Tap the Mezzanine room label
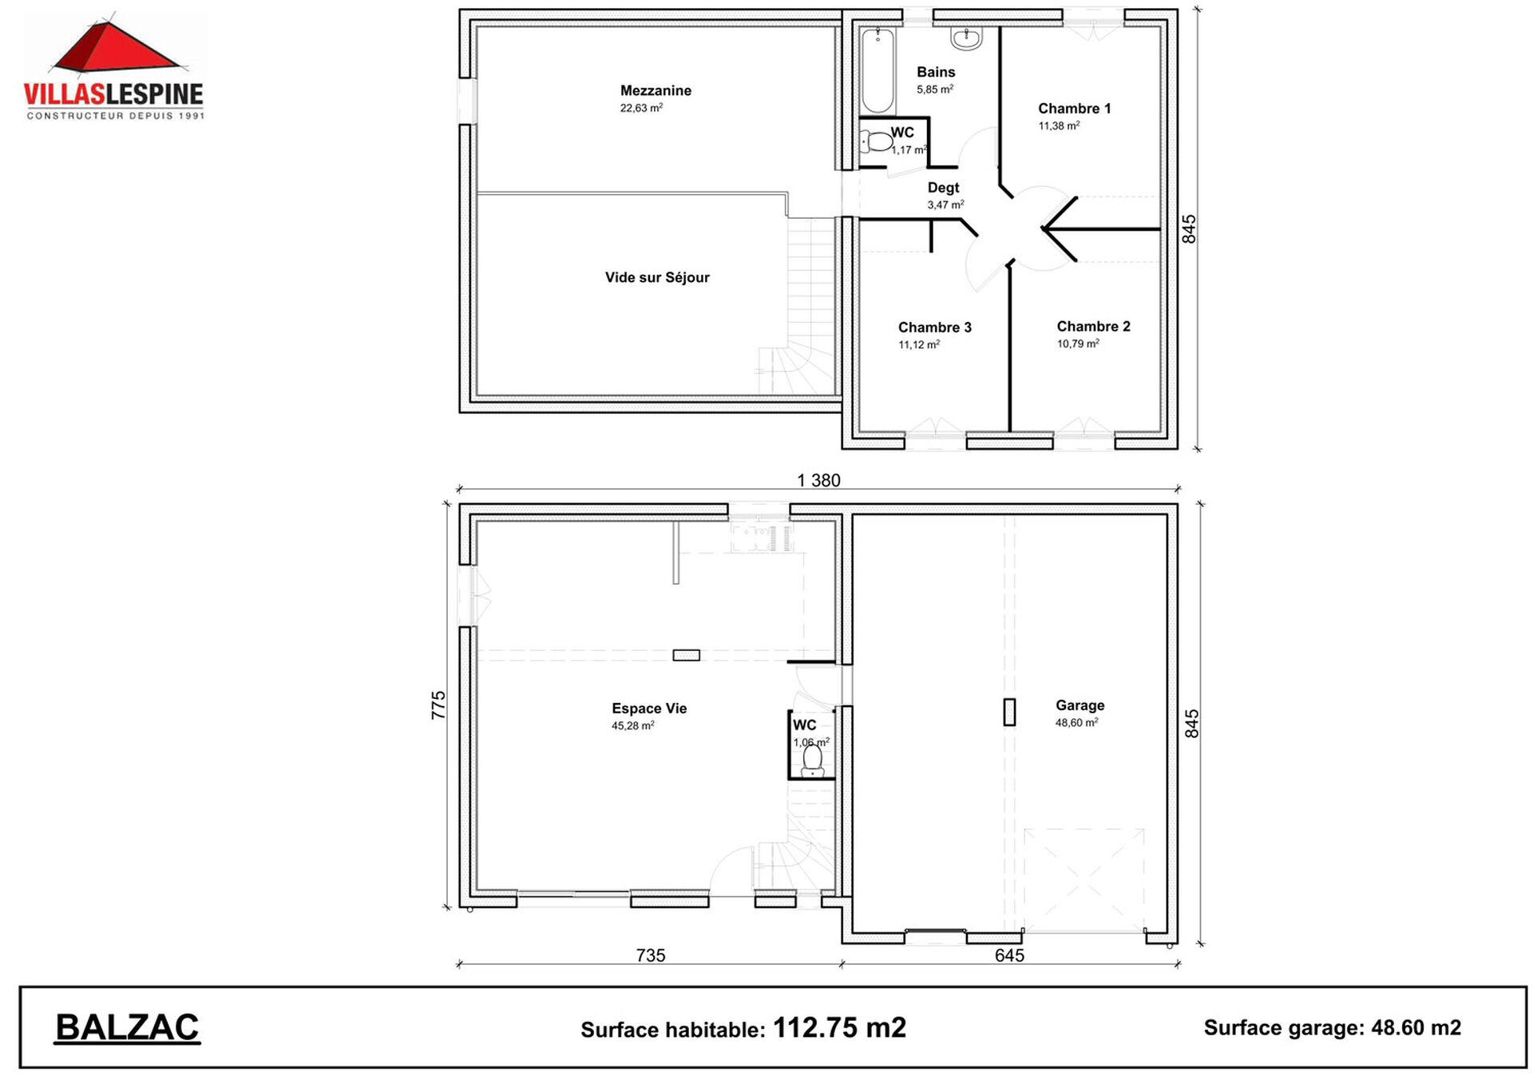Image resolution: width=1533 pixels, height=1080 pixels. [656, 90]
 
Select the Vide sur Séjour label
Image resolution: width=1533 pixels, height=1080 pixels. [657, 277]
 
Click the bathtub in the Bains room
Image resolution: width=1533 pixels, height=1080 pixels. [877, 70]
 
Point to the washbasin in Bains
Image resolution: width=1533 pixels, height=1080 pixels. [966, 38]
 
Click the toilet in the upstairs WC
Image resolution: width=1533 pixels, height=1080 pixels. [876, 142]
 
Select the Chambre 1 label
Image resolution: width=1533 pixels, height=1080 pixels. [1074, 109]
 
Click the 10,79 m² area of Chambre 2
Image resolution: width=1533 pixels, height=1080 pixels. [1078, 343]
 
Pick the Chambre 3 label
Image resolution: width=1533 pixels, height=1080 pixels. [934, 328]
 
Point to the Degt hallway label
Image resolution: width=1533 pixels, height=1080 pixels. [943, 188]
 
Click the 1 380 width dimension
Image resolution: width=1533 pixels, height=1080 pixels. [818, 480]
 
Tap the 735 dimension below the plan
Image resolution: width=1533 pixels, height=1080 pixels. [651, 955]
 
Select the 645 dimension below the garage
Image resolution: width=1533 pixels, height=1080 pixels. [1009, 955]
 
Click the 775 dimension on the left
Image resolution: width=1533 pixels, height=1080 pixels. [438, 705]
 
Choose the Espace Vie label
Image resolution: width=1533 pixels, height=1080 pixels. [649, 709]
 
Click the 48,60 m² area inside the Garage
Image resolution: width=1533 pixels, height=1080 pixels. [1076, 722]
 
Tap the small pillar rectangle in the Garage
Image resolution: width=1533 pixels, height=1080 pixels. [1009, 712]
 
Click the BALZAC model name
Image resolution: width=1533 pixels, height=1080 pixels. [127, 1028]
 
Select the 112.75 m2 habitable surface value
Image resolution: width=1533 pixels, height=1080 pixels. [839, 1027]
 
